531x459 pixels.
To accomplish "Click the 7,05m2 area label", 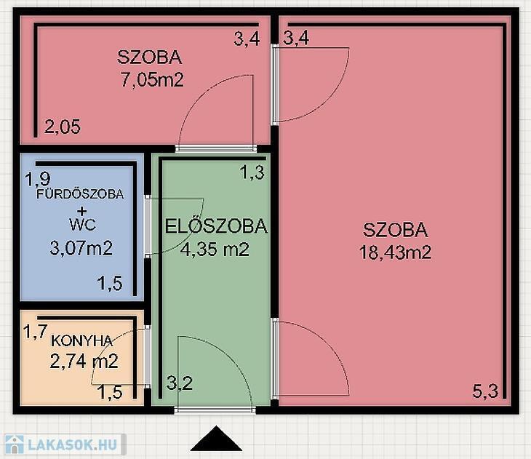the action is tap(152, 80).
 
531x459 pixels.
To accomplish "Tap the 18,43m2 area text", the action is tap(395, 252).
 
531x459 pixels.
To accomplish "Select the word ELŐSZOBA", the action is tap(216, 226).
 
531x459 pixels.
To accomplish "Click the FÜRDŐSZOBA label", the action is tap(80, 193).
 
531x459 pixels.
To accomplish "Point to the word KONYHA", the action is tap(81, 340).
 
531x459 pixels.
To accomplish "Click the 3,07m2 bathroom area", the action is tap(81, 248).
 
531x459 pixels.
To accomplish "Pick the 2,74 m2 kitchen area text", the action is tap(84, 361).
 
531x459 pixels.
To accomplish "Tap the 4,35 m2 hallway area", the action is tap(215, 250).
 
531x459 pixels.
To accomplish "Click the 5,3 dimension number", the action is tap(485, 391).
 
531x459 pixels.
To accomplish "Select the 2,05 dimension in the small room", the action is tap(63, 127).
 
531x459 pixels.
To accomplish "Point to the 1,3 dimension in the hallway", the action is tap(252, 172).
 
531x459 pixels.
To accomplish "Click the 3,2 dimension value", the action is tap(180, 383).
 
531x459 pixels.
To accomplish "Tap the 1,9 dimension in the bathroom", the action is tap(38, 179).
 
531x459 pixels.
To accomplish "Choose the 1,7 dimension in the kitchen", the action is tap(35, 331).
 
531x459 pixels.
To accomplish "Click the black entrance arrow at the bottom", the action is tap(216, 439).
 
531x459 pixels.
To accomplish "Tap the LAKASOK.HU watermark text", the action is tap(73, 444).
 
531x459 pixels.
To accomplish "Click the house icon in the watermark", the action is tap(14, 444).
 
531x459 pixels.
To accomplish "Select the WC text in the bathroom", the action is tap(82, 225).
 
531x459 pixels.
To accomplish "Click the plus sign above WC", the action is tap(82, 212).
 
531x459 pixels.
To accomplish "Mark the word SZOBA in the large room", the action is tap(395, 230).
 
